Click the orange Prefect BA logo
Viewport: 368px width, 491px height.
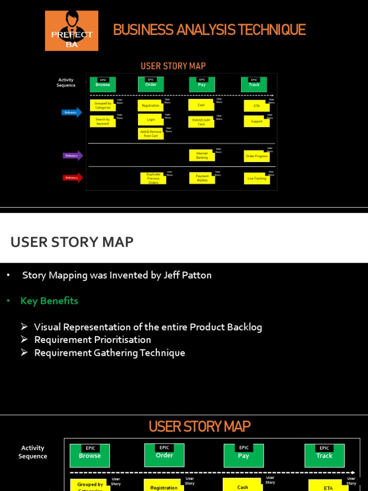pos(71,31)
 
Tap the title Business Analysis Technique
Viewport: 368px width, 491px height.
pos(209,30)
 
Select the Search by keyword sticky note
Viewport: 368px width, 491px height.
pos(103,121)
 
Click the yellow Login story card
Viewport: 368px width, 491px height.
pos(151,119)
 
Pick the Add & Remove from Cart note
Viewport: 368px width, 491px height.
pos(151,133)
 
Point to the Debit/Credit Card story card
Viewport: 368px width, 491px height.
pos(201,122)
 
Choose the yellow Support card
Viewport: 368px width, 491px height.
pos(257,121)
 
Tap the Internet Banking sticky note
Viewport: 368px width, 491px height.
pos(202,155)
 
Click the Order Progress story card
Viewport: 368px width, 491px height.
pos(257,156)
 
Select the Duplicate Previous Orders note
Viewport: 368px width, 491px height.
pos(153,178)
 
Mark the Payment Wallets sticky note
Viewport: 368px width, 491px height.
pos(202,178)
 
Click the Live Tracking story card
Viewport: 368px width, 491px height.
pos(257,178)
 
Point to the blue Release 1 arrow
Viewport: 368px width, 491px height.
pos(72,113)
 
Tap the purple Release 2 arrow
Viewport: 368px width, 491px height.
pos(73,155)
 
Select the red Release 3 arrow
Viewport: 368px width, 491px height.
pos(73,178)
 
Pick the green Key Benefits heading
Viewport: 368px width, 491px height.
pos(49,301)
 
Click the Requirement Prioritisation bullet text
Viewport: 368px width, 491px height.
pos(92,340)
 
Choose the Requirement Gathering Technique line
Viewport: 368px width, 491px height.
pos(109,353)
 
